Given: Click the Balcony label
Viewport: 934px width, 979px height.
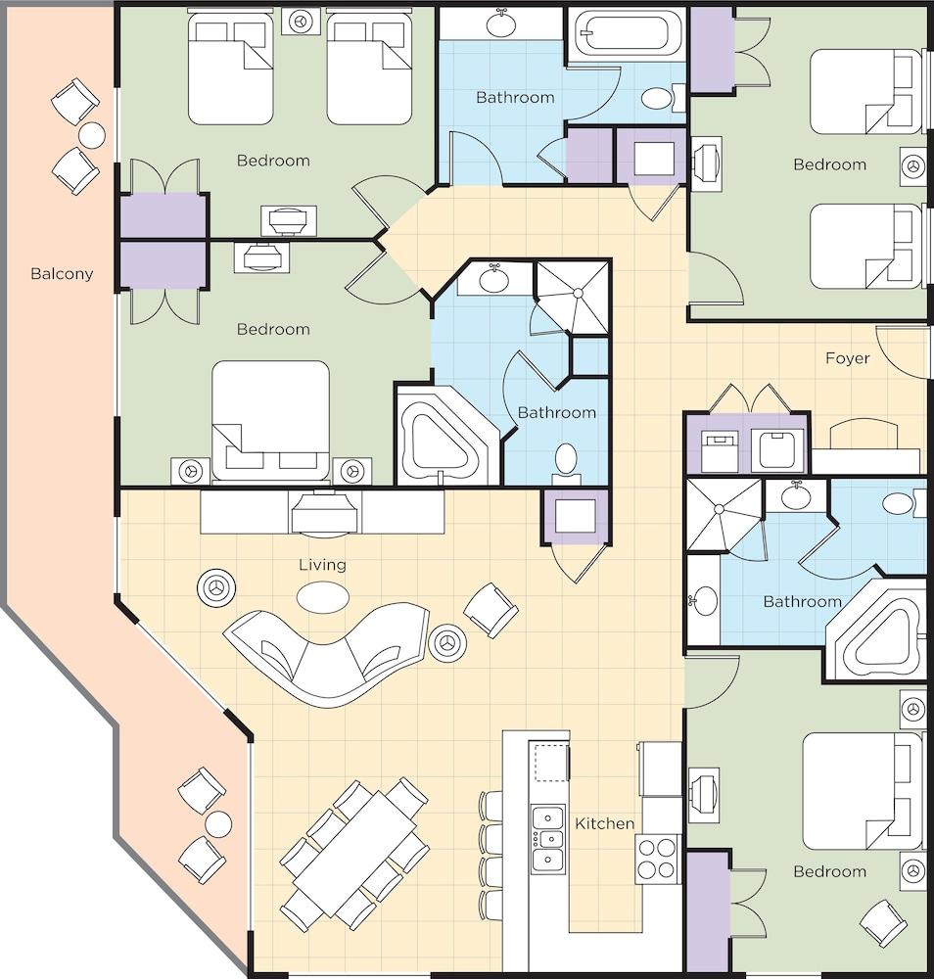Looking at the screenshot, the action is (x=62, y=273).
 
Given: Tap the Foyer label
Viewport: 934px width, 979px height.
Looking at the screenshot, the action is (x=847, y=358).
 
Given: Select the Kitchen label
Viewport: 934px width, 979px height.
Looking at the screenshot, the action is (x=604, y=823).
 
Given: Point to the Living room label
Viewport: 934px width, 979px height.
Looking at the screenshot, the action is (x=322, y=565).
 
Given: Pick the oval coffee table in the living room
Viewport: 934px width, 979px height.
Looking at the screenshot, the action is (x=323, y=597).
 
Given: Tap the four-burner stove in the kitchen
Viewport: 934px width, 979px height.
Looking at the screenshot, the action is (x=657, y=860).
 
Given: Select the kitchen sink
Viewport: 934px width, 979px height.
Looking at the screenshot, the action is (x=547, y=838).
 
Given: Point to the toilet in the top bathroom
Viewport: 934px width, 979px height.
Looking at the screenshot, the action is (x=663, y=98).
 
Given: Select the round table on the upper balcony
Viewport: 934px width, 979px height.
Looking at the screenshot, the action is (x=91, y=135).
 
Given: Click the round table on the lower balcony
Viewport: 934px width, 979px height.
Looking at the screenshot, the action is (x=218, y=824).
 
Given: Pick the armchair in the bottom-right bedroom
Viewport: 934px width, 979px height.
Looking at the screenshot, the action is (x=883, y=924).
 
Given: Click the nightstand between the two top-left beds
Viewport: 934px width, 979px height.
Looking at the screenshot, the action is (x=301, y=22).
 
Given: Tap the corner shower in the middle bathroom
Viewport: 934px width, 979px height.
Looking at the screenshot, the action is (x=573, y=297).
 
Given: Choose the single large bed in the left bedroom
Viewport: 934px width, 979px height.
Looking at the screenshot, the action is (x=270, y=421).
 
